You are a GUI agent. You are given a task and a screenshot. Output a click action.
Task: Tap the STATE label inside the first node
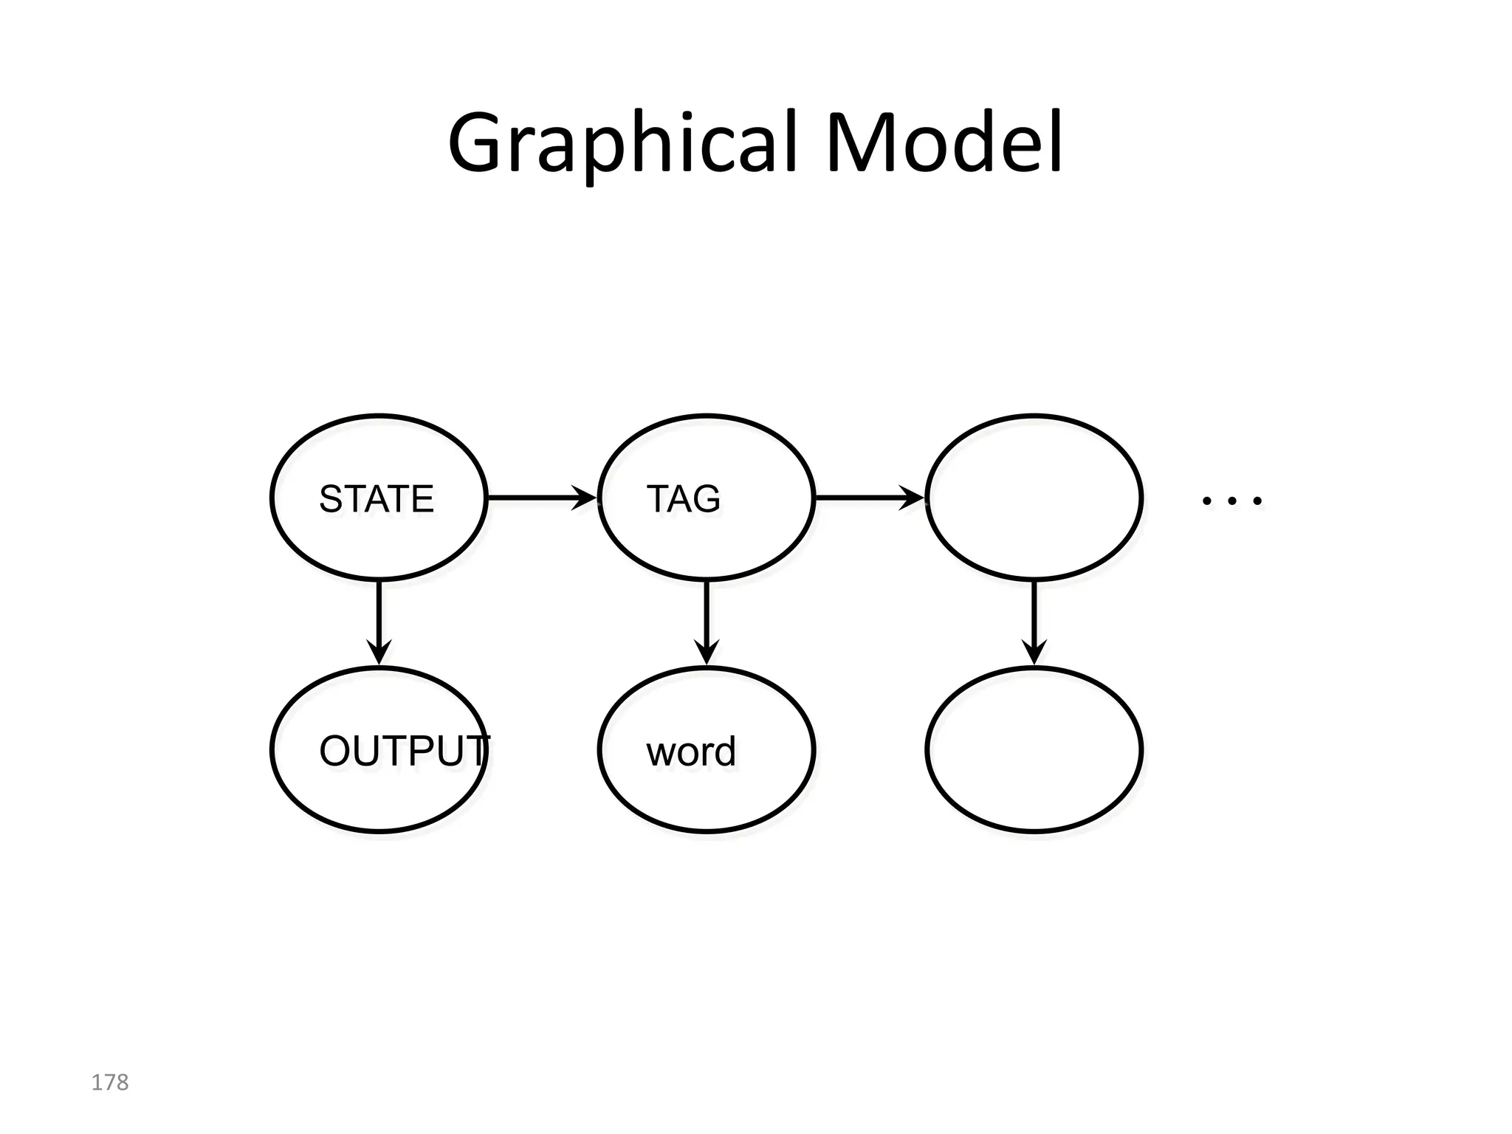377,499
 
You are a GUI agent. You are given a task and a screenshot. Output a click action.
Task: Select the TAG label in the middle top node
683,499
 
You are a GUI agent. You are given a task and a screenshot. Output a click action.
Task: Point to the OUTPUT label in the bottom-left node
403,752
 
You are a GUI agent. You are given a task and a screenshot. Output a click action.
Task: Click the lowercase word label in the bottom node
691,752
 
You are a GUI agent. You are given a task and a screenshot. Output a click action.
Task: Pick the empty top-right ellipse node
1034,498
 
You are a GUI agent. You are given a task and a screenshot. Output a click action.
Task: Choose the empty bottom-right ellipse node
1034,750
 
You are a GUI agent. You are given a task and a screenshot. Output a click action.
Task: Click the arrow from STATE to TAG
539,498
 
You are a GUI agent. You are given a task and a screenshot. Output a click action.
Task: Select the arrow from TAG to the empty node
867,498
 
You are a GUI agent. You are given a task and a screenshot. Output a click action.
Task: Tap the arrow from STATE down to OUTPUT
379,620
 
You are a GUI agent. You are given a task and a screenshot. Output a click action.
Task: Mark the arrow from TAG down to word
707,620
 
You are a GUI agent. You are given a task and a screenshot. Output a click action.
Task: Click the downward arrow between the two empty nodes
1034,620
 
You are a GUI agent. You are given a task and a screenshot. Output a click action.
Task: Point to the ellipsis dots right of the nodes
1231,501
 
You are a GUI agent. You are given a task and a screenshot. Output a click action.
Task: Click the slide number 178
109,1082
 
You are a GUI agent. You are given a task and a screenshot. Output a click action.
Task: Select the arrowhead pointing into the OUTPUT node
379,653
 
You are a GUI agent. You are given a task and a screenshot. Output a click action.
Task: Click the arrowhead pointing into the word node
707,653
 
